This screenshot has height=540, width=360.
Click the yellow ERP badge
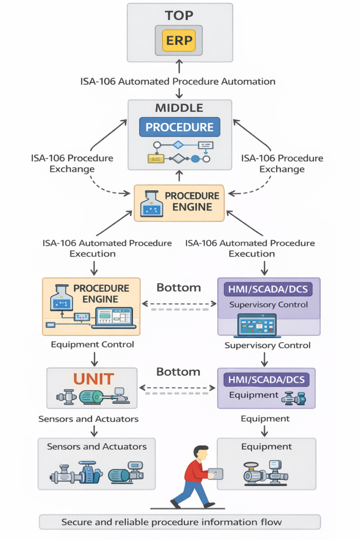coord(180,40)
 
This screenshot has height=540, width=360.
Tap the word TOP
coord(180,15)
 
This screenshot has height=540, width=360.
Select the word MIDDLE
coord(179,108)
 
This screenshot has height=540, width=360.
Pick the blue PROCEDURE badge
coord(179,127)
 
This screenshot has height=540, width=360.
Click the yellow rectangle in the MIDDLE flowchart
coord(155,158)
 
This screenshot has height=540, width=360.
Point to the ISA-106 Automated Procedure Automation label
coord(178,81)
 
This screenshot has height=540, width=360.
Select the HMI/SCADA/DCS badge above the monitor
coord(268,288)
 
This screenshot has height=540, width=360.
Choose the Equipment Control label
coord(92,344)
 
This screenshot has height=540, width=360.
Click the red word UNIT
coord(93,379)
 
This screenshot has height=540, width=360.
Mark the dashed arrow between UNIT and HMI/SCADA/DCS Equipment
coord(177,388)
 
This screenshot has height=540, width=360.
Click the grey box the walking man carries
coord(216,474)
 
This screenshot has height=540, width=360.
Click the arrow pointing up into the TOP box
coord(179,66)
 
